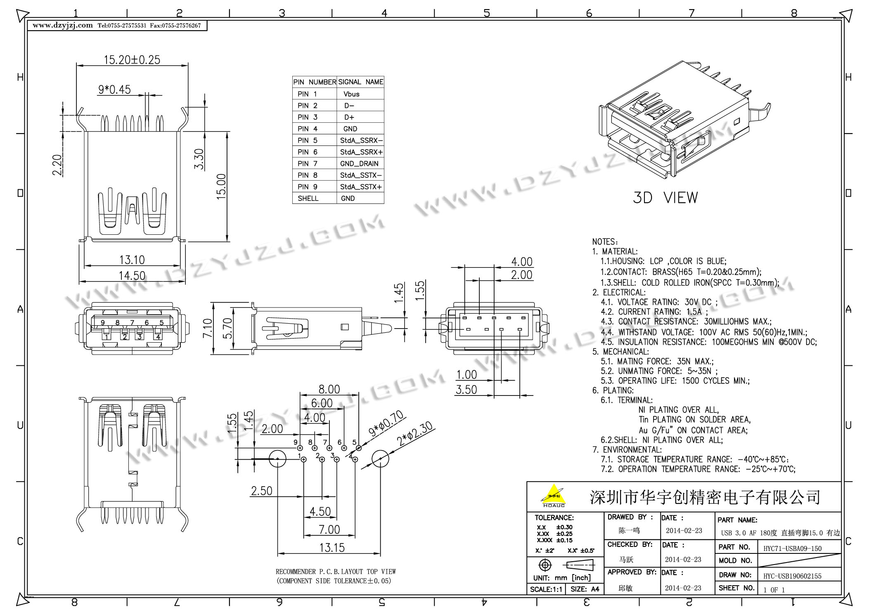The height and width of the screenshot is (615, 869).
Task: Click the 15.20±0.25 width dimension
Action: pyautogui.click(x=132, y=60)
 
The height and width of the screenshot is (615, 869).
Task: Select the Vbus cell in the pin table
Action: pyautogui.click(x=351, y=94)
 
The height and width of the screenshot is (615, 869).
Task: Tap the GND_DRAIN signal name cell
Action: pyautogui.click(x=359, y=164)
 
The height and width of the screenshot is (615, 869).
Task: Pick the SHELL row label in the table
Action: pyautogui.click(x=308, y=198)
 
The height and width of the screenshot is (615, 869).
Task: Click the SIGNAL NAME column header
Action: pyautogui.click(x=360, y=82)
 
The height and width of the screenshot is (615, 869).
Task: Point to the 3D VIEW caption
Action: pyautogui.click(x=665, y=198)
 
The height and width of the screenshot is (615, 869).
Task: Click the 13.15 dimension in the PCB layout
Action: pyautogui.click(x=332, y=548)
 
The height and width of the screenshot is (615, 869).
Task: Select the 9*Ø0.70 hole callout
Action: pyautogui.click(x=386, y=423)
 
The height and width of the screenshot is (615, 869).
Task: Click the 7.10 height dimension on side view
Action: pyautogui.click(x=208, y=328)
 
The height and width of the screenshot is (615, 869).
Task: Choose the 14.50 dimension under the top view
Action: pyautogui.click(x=132, y=276)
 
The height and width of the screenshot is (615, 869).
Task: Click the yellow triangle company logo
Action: pyautogui.click(x=554, y=495)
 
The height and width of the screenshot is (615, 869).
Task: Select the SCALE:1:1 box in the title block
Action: pyautogui.click(x=546, y=589)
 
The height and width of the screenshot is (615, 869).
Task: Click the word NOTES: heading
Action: pyautogui.click(x=605, y=242)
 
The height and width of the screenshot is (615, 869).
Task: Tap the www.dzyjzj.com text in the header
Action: pyautogui.click(x=63, y=26)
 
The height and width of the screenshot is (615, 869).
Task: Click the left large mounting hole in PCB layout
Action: pyautogui.click(x=277, y=459)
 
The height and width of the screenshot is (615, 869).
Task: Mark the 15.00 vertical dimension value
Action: pyautogui.click(x=222, y=187)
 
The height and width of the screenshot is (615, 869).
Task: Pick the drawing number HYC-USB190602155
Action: pyautogui.click(x=792, y=576)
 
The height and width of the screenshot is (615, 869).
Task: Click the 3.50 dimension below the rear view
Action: pyautogui.click(x=466, y=390)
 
